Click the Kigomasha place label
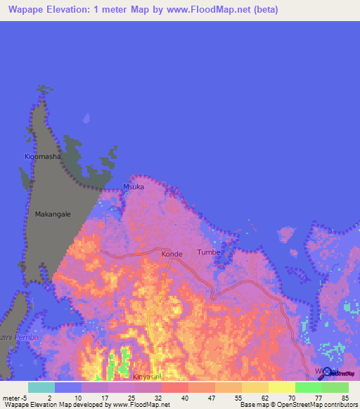(43, 157)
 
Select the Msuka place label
(134, 187)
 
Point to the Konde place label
(172, 254)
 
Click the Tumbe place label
(209, 252)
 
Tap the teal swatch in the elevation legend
(41, 387)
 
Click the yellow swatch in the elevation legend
(282, 387)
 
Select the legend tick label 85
(345, 398)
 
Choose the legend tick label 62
(264, 398)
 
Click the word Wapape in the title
(30, 10)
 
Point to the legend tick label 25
(131, 398)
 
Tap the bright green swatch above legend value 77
(309, 387)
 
